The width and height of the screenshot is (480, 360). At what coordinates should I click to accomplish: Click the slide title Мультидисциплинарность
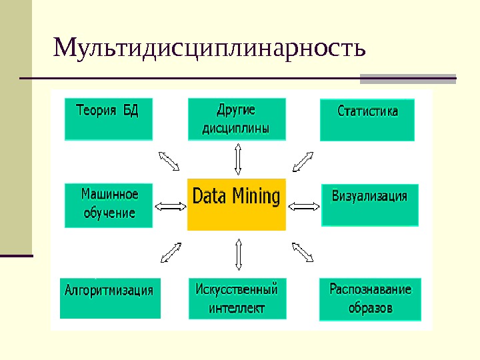click(209, 49)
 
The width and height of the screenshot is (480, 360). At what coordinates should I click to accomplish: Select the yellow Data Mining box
click(236, 203)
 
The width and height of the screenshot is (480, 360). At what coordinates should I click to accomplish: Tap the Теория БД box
click(109, 119)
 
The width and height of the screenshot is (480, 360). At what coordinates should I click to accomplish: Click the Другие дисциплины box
click(237, 119)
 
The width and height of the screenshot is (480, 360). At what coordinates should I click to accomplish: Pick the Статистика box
click(367, 120)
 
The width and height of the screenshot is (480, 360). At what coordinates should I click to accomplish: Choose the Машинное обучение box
click(109, 205)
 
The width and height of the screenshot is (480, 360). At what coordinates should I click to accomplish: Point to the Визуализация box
click(369, 205)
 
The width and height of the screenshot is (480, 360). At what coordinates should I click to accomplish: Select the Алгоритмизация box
click(109, 297)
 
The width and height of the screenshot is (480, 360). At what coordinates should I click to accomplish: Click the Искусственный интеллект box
click(237, 298)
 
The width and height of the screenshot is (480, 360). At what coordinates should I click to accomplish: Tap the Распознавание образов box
click(370, 299)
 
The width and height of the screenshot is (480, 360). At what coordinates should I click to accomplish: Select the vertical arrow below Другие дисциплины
click(238, 159)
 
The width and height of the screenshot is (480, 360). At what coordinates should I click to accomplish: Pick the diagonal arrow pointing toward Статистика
click(303, 161)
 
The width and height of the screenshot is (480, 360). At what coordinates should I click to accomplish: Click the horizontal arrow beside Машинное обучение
click(171, 206)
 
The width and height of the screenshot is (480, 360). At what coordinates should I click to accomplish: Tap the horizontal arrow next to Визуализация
click(304, 206)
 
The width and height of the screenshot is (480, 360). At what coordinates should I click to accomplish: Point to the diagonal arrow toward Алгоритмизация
click(171, 253)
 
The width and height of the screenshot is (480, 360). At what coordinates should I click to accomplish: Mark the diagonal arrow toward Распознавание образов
click(303, 252)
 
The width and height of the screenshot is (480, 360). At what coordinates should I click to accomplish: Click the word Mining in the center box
click(256, 197)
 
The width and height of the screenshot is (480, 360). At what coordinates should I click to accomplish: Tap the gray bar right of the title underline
click(408, 79)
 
